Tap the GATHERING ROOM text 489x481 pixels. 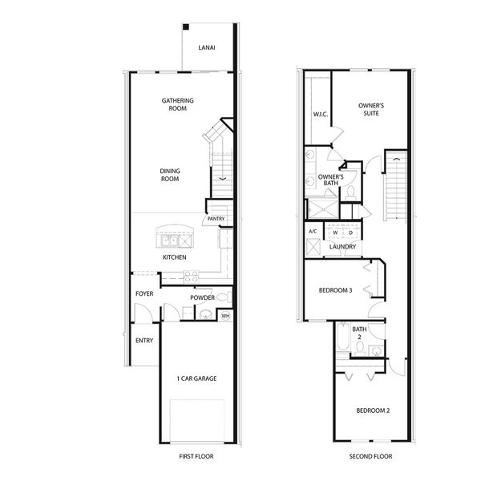[178, 104]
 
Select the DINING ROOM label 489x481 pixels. [169, 175]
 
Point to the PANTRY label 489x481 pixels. [216, 219]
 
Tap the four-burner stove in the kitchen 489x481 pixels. [191, 275]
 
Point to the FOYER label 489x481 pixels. [144, 294]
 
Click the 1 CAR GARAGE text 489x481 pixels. [197, 378]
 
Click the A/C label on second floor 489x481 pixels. [313, 232]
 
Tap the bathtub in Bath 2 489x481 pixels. [342, 338]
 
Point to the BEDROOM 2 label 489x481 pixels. [373, 410]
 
